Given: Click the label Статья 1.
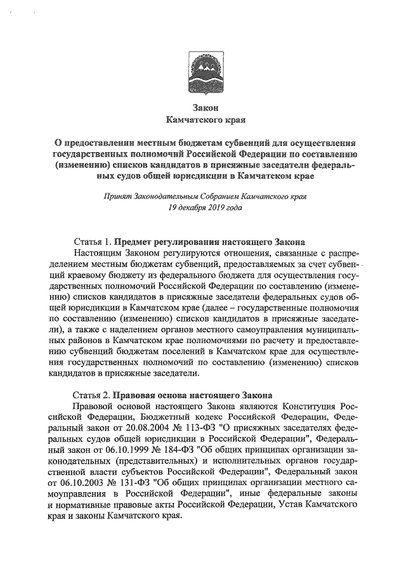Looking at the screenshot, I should point(93,242).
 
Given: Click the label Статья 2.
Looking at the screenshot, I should point(93,393).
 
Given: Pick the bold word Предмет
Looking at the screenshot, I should point(138,242).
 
